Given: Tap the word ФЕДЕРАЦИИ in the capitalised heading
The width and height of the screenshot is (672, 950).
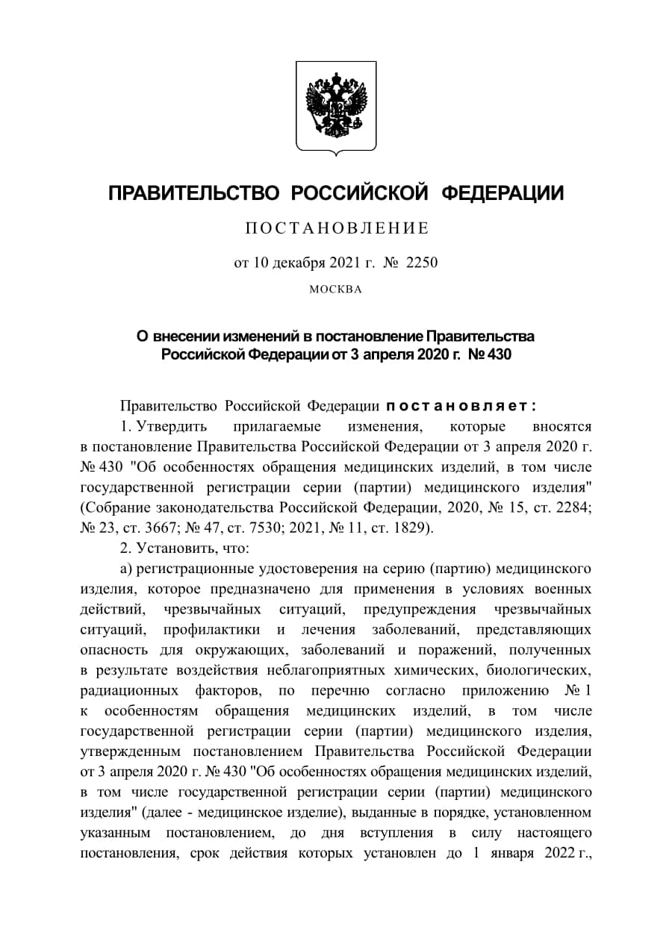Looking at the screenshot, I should (x=502, y=194).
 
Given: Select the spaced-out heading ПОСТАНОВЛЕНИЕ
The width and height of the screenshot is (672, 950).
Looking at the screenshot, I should (x=337, y=228).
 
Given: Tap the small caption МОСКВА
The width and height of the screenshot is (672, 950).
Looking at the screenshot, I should (x=335, y=290).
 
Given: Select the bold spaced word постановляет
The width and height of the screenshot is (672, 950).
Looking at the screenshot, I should (x=461, y=406).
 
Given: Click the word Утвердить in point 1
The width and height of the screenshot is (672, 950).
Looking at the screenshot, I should (x=172, y=427).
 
